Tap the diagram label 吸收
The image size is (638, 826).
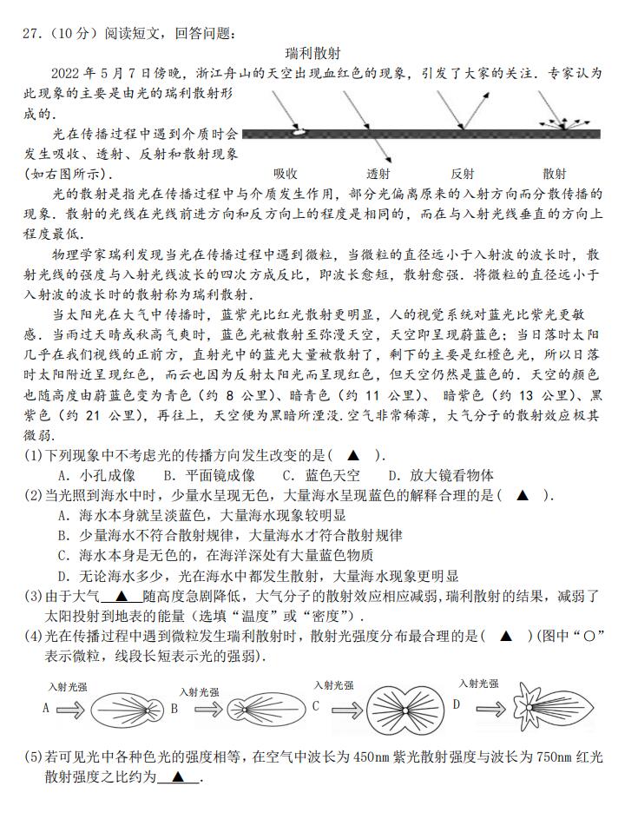click(x=286, y=173)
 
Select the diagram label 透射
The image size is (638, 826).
click(x=378, y=173)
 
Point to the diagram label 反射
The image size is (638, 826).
click(x=463, y=173)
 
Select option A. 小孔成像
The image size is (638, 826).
click(x=96, y=475)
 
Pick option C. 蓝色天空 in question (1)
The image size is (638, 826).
click(x=320, y=475)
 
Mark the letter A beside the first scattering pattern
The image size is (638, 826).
click(x=46, y=708)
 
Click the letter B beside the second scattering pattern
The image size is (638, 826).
click(x=174, y=708)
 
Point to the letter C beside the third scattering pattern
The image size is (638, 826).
click(x=316, y=706)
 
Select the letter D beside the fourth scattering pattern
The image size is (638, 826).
click(x=456, y=704)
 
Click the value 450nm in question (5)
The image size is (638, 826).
click(x=372, y=757)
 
